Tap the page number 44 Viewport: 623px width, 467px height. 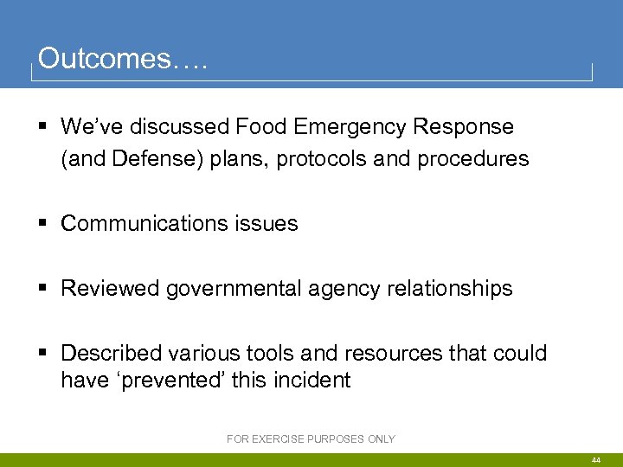tap(596, 460)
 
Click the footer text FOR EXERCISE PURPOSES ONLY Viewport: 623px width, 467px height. tap(311, 439)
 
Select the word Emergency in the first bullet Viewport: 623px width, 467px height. tap(350, 127)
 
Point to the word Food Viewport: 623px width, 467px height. tap(261, 127)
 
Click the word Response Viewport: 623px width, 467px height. tap(463, 127)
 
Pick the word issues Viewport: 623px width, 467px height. tap(264, 224)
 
